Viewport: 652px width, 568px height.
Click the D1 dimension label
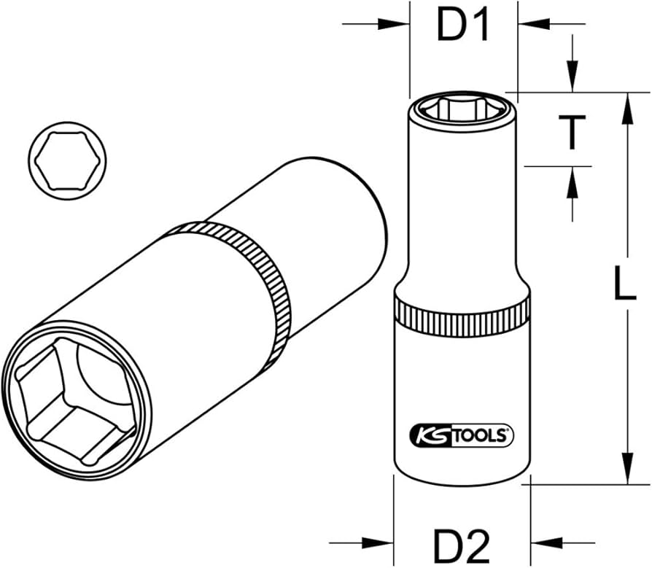(462, 26)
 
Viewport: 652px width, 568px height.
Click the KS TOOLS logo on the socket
(462, 435)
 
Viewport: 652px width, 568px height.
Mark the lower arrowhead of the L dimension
(626, 467)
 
